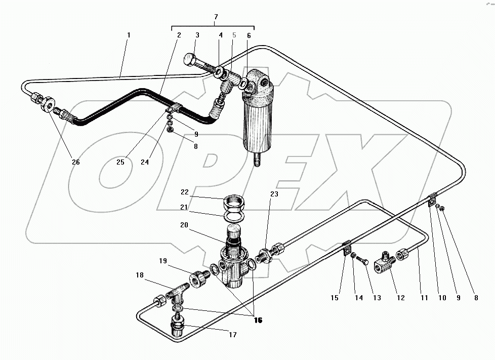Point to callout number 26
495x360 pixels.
(x=75, y=162)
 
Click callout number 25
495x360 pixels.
(x=120, y=162)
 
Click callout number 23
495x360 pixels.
(x=274, y=193)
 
